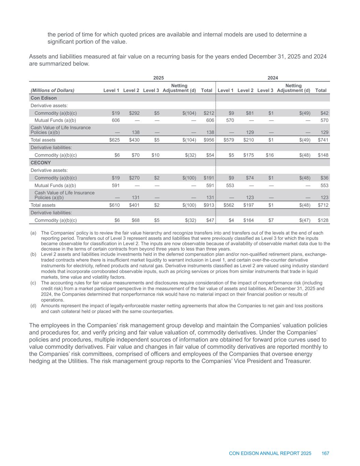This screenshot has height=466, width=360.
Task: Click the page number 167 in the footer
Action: tap(325, 453)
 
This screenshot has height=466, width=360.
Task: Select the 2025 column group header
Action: tap(158, 78)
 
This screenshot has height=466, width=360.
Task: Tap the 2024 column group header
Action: tap(273, 78)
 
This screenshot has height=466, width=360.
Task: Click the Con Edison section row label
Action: tap(44, 98)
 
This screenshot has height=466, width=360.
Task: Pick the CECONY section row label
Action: tap(41, 163)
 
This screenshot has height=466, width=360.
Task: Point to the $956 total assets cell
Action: tap(209, 140)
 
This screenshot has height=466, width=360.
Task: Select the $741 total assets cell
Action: tap(323, 140)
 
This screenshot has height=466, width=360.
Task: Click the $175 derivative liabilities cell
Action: tap(248, 155)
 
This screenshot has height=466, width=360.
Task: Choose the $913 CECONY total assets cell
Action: tap(209, 205)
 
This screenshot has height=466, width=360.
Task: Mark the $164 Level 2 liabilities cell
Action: tap(248, 220)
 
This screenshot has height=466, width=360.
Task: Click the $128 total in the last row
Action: tap(323, 220)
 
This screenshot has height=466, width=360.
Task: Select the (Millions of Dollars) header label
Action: tap(52, 90)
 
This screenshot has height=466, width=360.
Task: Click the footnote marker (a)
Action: tap(33, 233)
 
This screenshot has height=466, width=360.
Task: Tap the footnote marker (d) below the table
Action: tap(33, 306)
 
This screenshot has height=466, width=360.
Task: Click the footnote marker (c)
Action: tap(33, 283)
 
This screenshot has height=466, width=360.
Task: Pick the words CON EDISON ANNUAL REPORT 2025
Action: tap(270, 453)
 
